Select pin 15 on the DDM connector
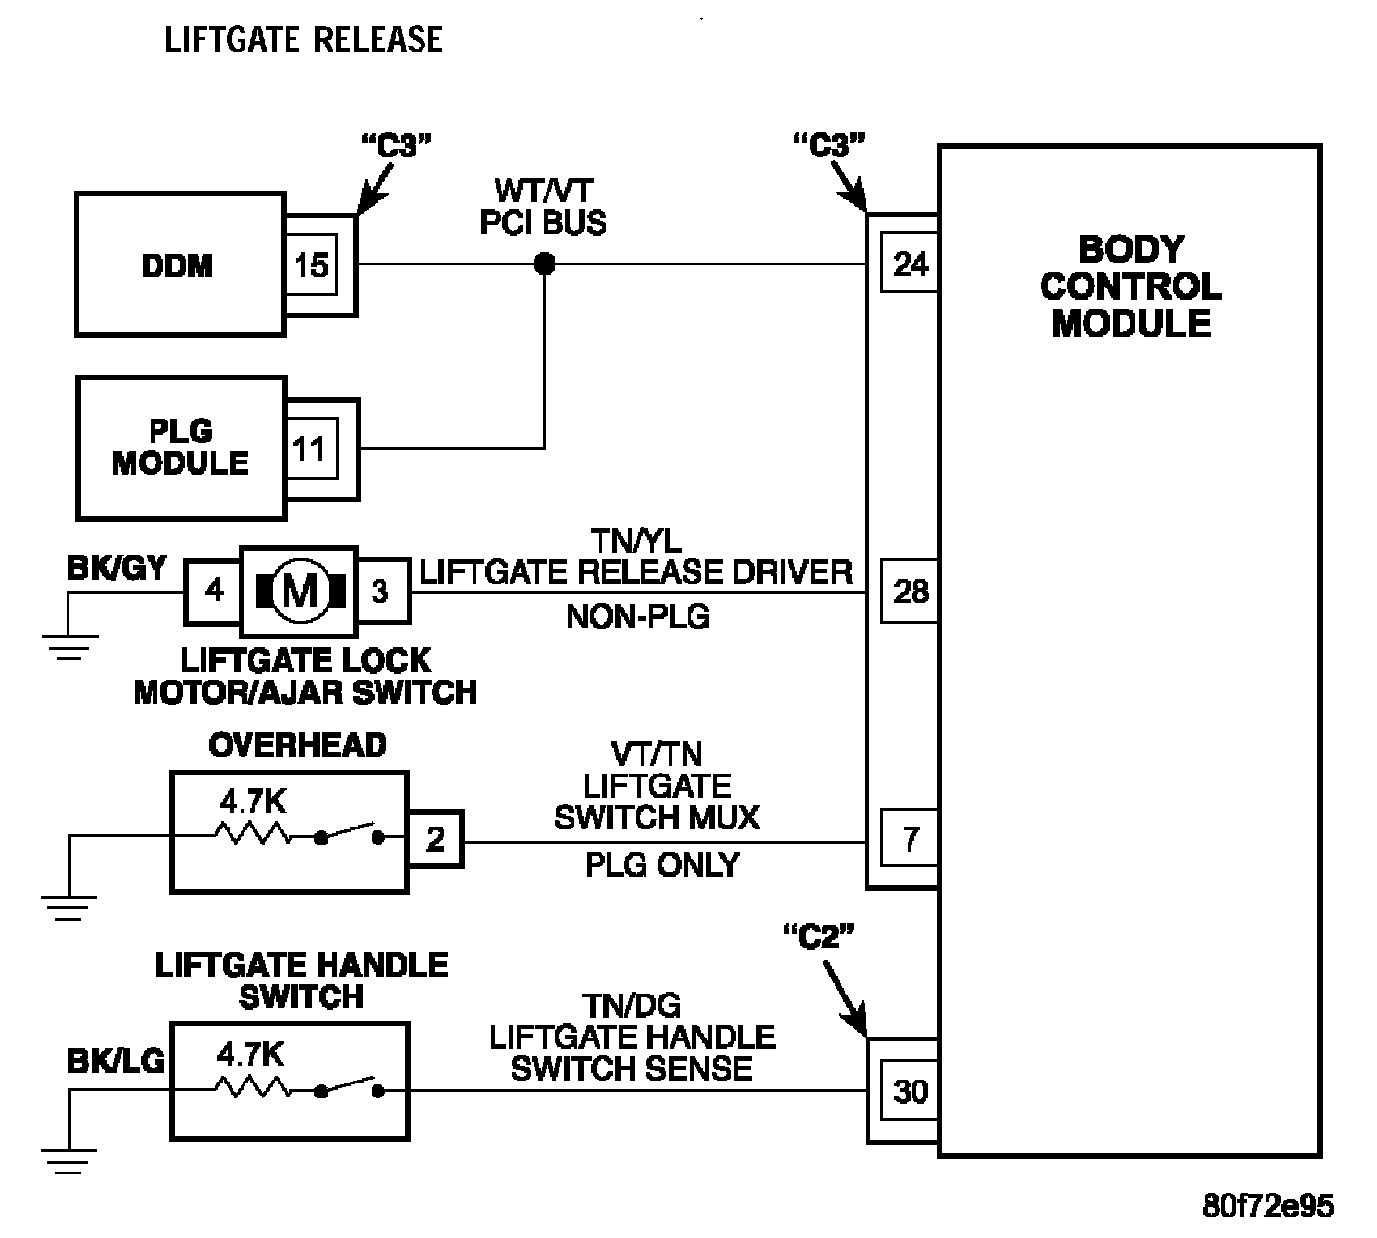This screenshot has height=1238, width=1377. pyautogui.click(x=311, y=265)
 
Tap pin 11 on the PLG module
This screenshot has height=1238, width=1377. pyautogui.click(x=309, y=449)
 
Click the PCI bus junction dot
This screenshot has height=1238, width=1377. pyautogui.click(x=545, y=264)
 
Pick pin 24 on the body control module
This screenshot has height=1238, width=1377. pyautogui.click(x=910, y=264)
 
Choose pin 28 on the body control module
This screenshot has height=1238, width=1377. pyautogui.click(x=910, y=592)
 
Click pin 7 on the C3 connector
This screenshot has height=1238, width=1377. pyautogui.click(x=910, y=840)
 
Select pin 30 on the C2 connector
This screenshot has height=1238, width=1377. pyautogui.click(x=910, y=1090)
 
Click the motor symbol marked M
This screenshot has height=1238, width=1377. pyautogui.click(x=299, y=591)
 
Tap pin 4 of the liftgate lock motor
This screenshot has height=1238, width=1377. pyautogui.click(x=213, y=591)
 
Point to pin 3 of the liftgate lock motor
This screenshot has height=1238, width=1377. pyautogui.click(x=380, y=591)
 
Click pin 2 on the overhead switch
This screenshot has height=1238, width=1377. pyautogui.click(x=435, y=840)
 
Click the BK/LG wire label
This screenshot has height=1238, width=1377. pyautogui.click(x=115, y=1060)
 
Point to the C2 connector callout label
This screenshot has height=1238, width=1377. pyautogui.click(x=820, y=937)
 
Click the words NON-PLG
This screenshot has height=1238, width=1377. pyautogui.click(x=638, y=616)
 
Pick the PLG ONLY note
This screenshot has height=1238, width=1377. pyautogui.click(x=662, y=865)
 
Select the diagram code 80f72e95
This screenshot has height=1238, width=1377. pyautogui.click(x=1267, y=1206)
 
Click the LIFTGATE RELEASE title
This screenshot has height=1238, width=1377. pyautogui.click(x=304, y=40)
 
